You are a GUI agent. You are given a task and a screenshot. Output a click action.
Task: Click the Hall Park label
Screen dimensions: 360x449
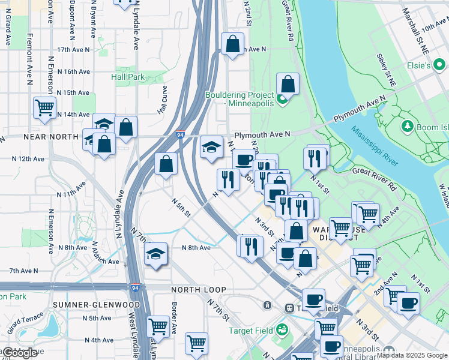tap(128, 77)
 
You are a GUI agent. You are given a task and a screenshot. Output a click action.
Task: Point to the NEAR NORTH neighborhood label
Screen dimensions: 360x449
tap(51, 137)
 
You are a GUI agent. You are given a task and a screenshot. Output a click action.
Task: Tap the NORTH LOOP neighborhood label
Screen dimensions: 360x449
tap(192, 289)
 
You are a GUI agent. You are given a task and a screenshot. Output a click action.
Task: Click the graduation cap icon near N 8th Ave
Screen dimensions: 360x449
tap(155, 254)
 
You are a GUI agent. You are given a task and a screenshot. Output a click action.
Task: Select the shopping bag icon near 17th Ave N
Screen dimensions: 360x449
tap(232, 44)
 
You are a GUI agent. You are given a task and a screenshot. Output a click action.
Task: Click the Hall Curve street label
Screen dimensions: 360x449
tap(162, 100)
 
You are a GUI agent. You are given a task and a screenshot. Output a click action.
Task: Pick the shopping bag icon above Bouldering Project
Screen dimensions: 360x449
tap(288, 84)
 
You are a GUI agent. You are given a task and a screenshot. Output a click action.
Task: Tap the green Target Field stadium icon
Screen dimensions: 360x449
tap(282, 329)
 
